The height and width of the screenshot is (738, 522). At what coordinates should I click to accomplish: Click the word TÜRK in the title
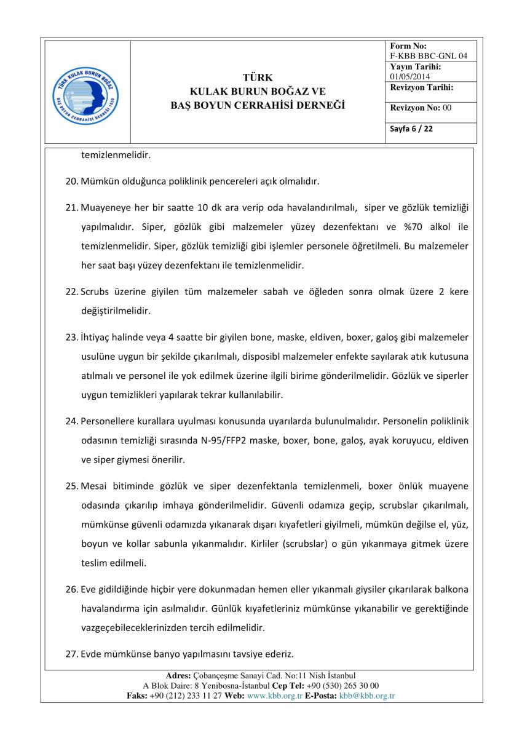258,77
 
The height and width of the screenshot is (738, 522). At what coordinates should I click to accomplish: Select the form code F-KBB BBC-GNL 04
429,56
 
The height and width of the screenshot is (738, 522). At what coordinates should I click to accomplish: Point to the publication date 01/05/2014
410,76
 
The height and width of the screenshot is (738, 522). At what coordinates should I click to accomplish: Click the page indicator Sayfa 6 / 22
411,129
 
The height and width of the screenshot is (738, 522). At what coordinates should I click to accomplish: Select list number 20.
72,181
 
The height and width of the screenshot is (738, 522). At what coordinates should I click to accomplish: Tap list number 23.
72,337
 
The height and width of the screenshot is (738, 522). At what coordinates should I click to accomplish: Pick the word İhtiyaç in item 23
97,337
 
